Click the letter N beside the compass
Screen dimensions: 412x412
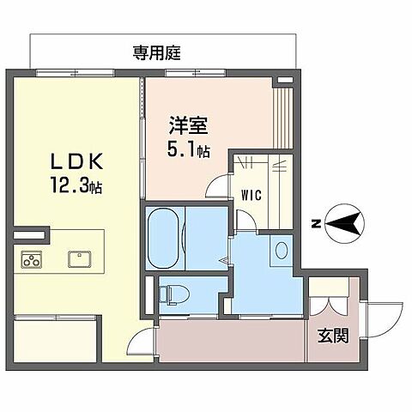pos(317,225)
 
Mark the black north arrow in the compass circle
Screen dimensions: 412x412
pos(345,225)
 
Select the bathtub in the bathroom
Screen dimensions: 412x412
pos(163,235)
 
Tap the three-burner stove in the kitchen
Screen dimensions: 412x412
pos(32,258)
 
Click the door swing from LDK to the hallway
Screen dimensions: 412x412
pos(146,334)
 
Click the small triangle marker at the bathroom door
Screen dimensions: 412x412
pos(222,260)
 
